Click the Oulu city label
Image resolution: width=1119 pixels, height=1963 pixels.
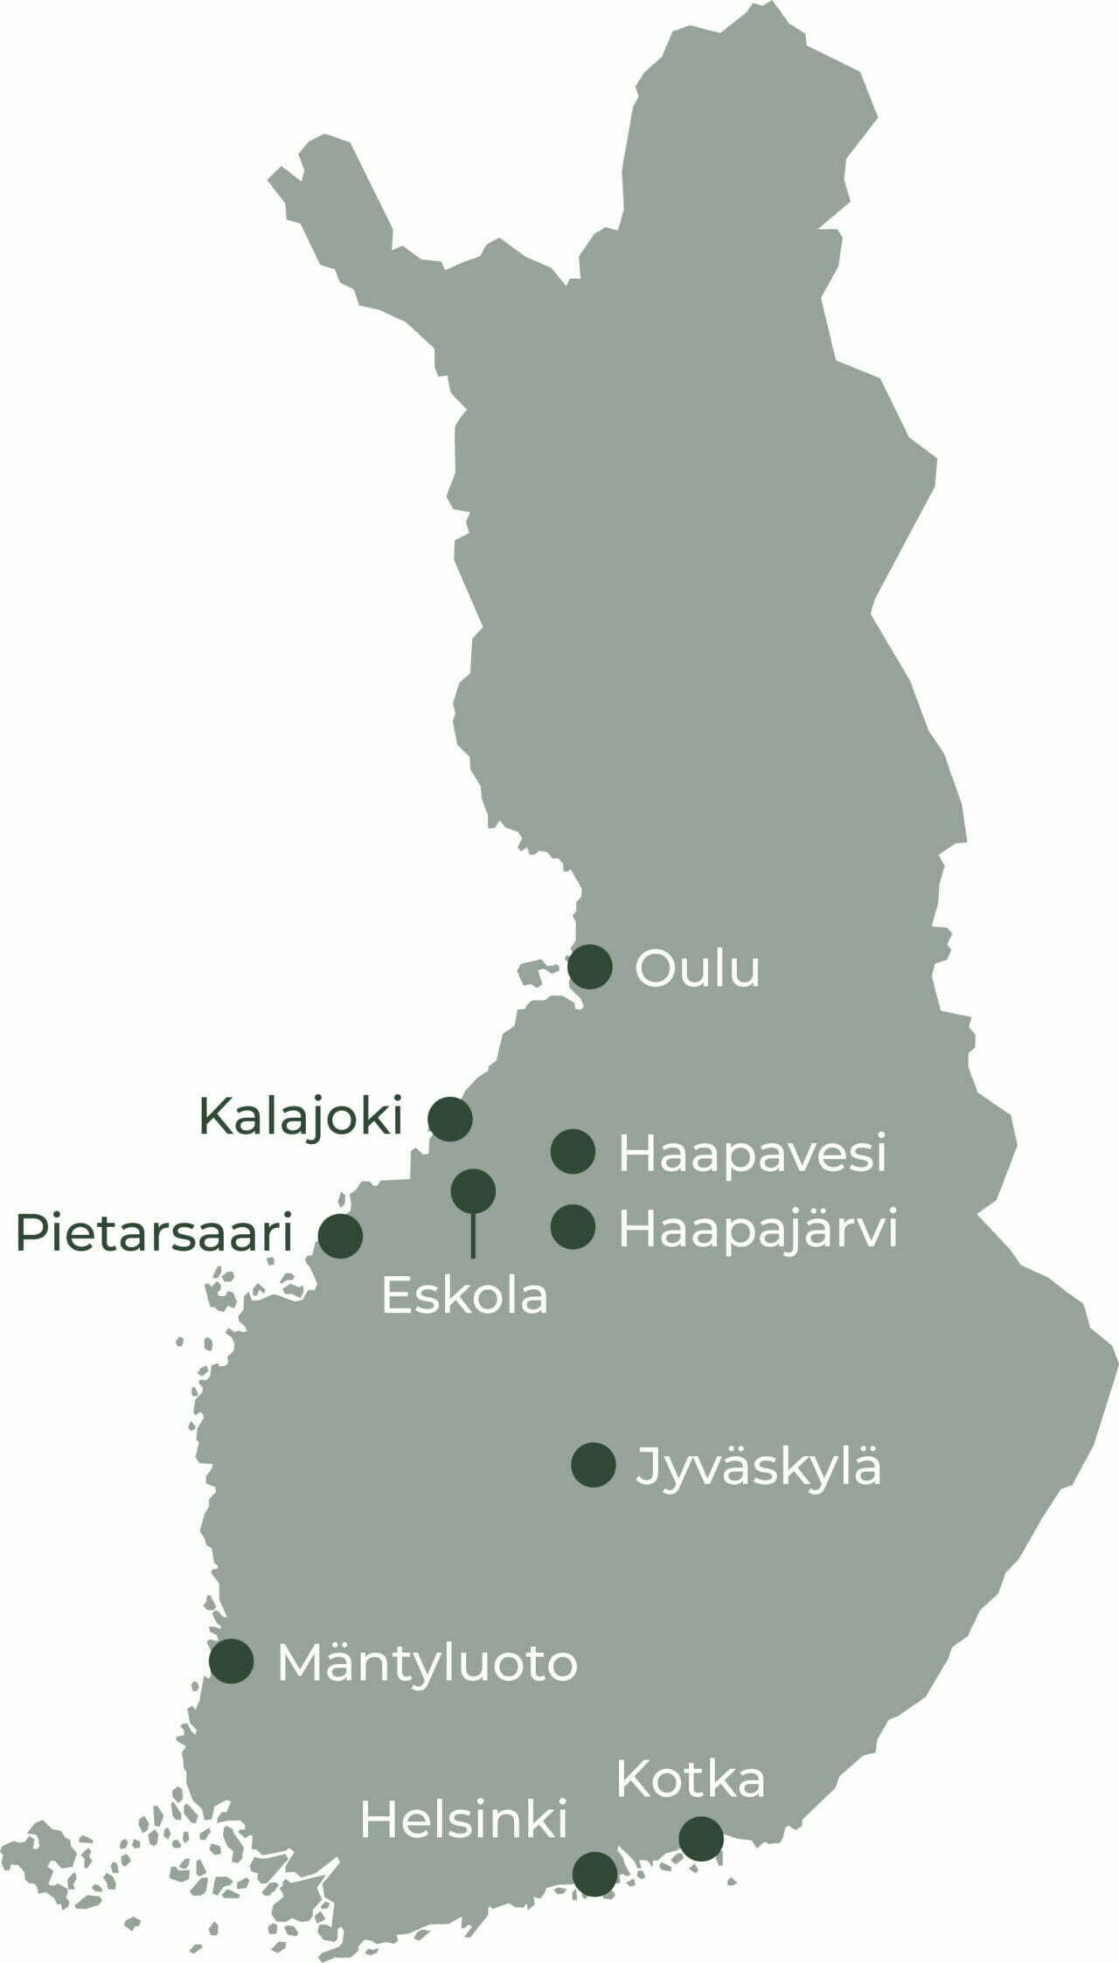click(697, 969)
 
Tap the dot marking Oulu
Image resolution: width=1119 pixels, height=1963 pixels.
click(590, 968)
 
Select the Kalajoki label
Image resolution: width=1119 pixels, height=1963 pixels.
click(301, 1117)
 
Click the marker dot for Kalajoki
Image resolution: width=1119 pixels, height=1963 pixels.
click(450, 1119)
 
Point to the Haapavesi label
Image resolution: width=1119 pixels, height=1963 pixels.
click(752, 1154)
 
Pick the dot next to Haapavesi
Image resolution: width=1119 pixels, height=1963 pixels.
click(573, 1151)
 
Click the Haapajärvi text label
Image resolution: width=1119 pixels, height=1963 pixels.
click(758, 1230)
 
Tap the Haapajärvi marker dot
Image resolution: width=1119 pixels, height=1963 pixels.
click(573, 1227)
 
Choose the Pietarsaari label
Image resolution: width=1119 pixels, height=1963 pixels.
click(154, 1234)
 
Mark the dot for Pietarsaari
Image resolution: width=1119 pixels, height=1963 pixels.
click(340, 1236)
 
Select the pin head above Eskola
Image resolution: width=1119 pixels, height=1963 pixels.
click(473, 1190)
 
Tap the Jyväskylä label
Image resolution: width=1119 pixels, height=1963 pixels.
click(758, 1467)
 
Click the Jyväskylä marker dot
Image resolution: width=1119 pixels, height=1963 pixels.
click(593, 1465)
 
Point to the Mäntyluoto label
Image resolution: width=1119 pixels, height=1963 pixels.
click(427, 1663)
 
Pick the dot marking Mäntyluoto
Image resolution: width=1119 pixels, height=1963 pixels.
click(232, 1661)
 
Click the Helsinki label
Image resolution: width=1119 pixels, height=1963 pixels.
click(463, 1820)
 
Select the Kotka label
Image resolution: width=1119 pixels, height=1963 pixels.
click(690, 1779)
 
